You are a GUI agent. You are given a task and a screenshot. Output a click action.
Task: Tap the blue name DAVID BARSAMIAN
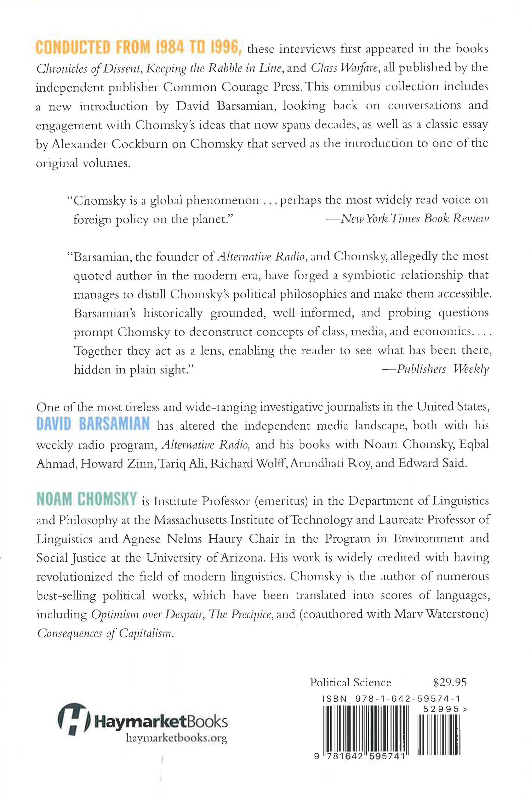pyautogui.click(x=93, y=424)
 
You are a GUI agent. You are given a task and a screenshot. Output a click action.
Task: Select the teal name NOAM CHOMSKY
pyautogui.click(x=87, y=499)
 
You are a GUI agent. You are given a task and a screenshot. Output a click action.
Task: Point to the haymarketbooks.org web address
pyautogui.click(x=176, y=738)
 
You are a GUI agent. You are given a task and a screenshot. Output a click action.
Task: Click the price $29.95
pyautogui.click(x=450, y=682)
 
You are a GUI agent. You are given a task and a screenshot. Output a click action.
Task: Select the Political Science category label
pyautogui.click(x=350, y=682)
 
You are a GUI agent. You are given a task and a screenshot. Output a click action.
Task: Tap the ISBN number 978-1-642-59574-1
pyautogui.click(x=407, y=699)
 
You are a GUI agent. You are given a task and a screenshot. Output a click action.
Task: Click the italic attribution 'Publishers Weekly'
pyautogui.click(x=442, y=369)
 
